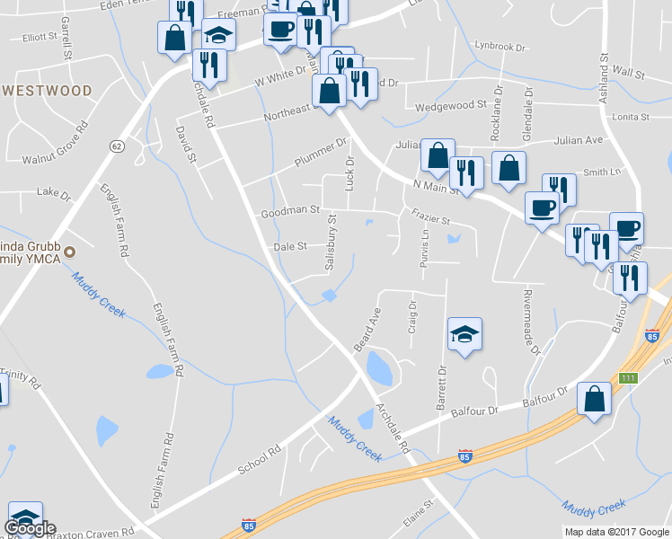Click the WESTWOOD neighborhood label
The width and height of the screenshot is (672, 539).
pos(47,91)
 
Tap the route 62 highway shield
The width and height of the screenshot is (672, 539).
pos(117,146)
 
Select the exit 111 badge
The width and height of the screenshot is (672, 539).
pos(628,378)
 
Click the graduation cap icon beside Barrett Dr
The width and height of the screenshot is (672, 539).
pos(464,335)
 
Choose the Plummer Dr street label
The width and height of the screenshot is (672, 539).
pos(320,154)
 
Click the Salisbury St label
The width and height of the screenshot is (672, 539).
pos(331,243)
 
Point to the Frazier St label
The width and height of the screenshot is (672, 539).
pos(429,219)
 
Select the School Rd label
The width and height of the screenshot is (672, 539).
pos(261,458)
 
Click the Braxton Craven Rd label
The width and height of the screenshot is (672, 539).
pos(90,531)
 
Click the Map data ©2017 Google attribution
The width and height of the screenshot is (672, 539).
pos(617,532)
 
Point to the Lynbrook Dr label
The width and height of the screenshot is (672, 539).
pos(499,45)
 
